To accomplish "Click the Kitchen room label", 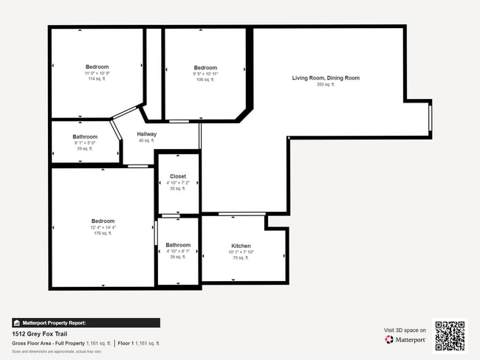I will (x=241, y=246).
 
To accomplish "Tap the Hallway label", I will (x=146, y=134).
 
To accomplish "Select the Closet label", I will (x=178, y=176).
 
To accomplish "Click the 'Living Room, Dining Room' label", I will (x=326, y=77).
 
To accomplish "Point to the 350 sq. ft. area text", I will (x=326, y=85).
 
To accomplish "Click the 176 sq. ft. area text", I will (x=103, y=233).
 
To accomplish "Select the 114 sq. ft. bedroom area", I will (x=97, y=79).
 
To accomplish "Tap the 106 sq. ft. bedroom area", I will (x=205, y=80).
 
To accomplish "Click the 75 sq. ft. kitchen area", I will (x=241, y=257).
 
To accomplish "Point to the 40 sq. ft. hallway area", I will (x=146, y=141).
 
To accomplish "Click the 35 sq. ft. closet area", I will (x=178, y=188).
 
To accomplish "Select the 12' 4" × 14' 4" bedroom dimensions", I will (x=103, y=227).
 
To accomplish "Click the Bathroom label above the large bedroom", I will (x=85, y=136).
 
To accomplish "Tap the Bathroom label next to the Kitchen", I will (x=178, y=245).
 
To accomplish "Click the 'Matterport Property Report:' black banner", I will (x=86, y=322).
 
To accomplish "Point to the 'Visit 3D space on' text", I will (x=405, y=330).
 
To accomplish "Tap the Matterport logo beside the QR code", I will (x=405, y=340).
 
